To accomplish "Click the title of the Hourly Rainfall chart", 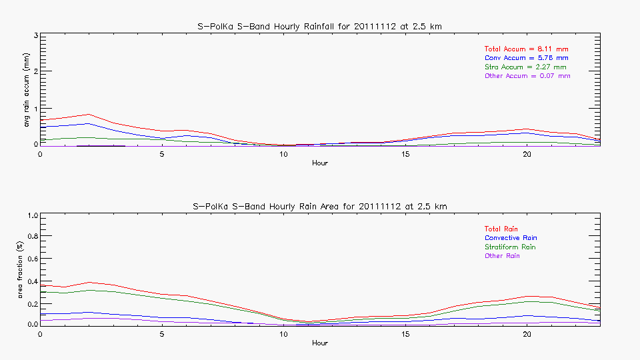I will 320,26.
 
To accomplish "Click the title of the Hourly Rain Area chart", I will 320,206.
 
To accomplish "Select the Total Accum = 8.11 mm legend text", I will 526,49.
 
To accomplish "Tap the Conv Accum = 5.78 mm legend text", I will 526,58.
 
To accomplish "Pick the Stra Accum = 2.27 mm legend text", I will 525,67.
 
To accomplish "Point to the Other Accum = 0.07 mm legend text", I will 527,76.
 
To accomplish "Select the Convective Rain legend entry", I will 511,238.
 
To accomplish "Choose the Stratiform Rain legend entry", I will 510,247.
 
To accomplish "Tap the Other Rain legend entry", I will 502,256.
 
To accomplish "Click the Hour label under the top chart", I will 320,163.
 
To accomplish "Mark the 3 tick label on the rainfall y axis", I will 35,35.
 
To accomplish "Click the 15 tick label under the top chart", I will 405,154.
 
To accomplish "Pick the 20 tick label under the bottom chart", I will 527,334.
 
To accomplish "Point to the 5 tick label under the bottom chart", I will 162,334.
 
